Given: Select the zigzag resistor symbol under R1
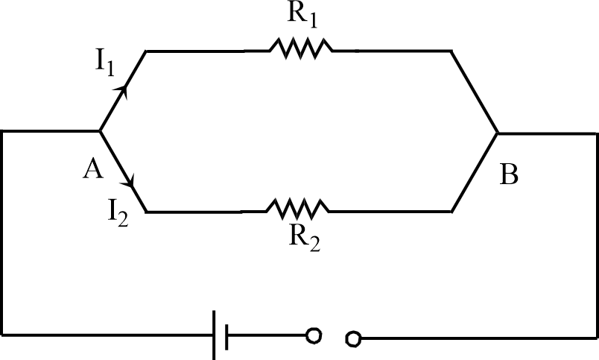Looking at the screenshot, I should click(x=300, y=50).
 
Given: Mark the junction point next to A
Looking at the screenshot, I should click(x=100, y=131).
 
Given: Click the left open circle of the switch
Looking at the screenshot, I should click(x=314, y=337).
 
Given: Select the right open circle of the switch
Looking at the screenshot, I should click(x=354, y=339).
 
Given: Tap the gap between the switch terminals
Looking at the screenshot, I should click(x=334, y=338).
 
